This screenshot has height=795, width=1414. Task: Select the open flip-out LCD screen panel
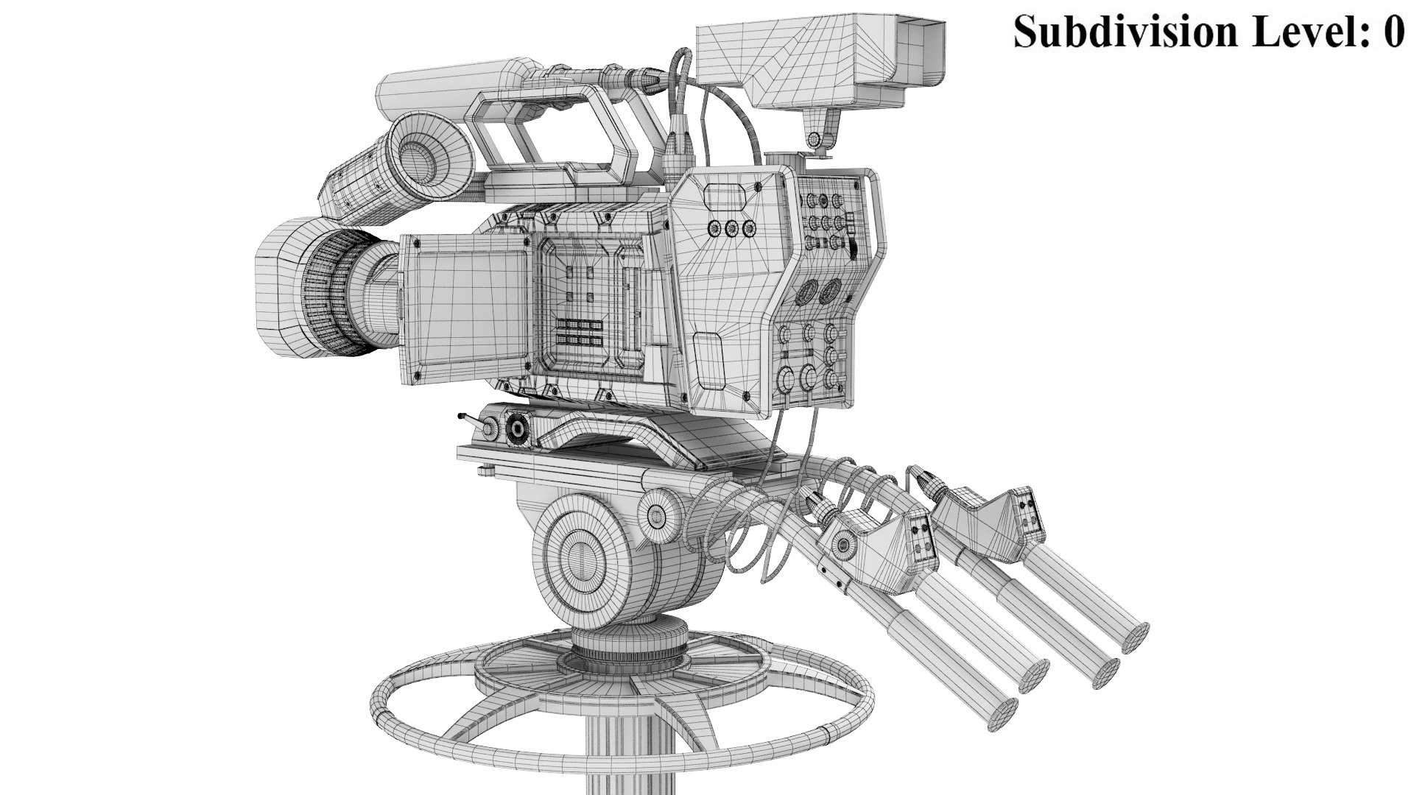click(464, 309)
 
